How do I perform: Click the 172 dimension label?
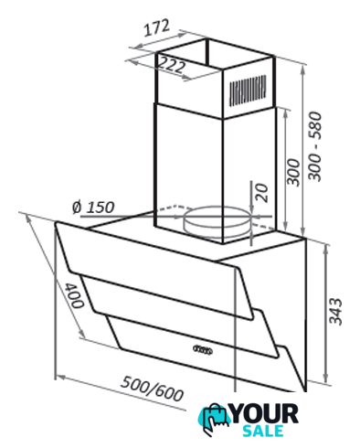156,27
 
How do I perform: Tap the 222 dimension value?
172,65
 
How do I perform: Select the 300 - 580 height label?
315,147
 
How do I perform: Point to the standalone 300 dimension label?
294,172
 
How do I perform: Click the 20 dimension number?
261,193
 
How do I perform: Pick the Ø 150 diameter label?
93,208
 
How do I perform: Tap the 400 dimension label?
75,295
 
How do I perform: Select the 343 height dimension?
336,312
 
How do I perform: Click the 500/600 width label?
153,389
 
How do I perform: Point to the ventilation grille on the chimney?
248,91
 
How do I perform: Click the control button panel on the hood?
203,349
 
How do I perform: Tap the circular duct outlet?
217,221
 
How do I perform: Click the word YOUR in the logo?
264,413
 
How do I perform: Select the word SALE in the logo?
263,431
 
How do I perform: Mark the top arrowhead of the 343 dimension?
326,248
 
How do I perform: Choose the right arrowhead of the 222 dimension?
186,79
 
